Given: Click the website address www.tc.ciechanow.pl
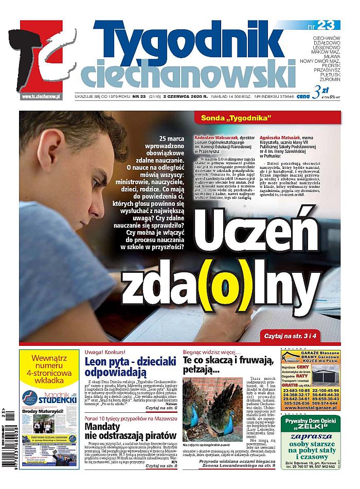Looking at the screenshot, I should click(x=41, y=96).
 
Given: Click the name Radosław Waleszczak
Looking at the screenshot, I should click(x=213, y=138).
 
